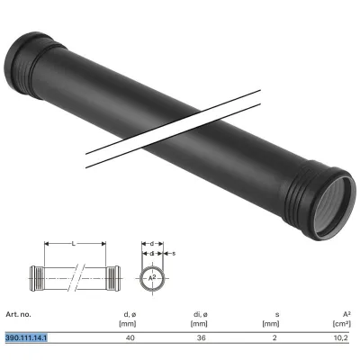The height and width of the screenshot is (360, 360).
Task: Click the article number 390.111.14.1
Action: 26,337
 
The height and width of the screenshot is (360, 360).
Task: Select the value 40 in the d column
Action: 130,337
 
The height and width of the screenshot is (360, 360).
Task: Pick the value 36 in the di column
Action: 202,337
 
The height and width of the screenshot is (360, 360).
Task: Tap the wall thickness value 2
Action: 274,337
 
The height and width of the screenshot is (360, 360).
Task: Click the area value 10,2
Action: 341,338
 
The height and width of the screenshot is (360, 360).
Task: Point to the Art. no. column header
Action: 18,314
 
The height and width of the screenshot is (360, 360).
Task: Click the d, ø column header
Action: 130,315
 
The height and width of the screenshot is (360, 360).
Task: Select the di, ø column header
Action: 201,315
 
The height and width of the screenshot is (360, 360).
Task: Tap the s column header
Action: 277,315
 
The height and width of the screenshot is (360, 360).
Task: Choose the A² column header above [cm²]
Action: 346,314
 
